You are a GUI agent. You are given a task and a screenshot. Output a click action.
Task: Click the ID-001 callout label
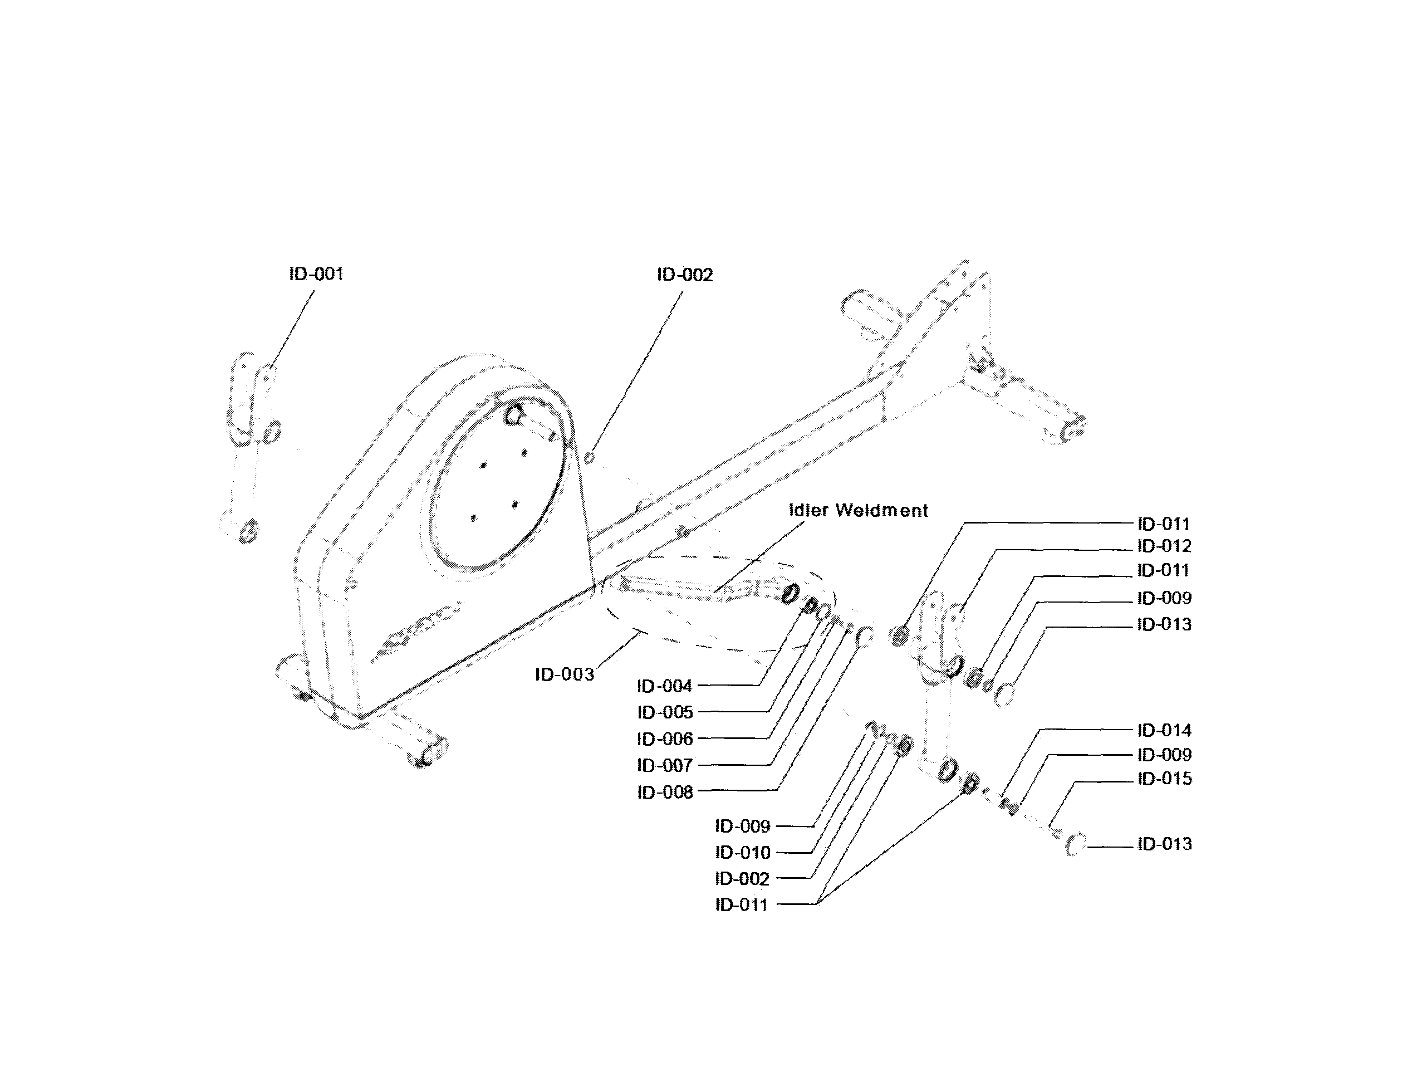pyautogui.click(x=316, y=274)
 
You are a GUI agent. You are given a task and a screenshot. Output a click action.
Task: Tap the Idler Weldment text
pyautogui.click(x=857, y=510)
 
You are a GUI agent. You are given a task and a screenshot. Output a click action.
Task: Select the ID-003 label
pyautogui.click(x=564, y=674)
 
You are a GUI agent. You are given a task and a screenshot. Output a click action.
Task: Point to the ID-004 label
pyautogui.click(x=664, y=686)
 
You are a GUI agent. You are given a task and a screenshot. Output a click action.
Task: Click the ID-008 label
pyautogui.click(x=664, y=792)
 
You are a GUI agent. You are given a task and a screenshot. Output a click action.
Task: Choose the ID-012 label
pyautogui.click(x=1164, y=546)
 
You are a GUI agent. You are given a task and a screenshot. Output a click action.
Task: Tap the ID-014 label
pyautogui.click(x=1164, y=730)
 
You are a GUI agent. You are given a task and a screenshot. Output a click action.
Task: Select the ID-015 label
pyautogui.click(x=1164, y=779)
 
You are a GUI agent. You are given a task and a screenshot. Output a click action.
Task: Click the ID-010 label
pyautogui.click(x=742, y=853)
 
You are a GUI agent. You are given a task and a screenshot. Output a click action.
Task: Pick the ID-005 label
pyautogui.click(x=664, y=712)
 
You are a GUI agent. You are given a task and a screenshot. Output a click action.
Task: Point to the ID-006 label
pyautogui.click(x=664, y=738)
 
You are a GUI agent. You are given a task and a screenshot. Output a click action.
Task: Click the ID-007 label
pyautogui.click(x=664, y=766)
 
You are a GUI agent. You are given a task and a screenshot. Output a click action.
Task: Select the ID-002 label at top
pyautogui.click(x=684, y=275)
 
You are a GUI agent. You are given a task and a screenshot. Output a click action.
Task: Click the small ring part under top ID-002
pyautogui.click(x=589, y=457)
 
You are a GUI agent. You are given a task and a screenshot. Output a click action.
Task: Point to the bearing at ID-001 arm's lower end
pyautogui.click(x=249, y=531)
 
